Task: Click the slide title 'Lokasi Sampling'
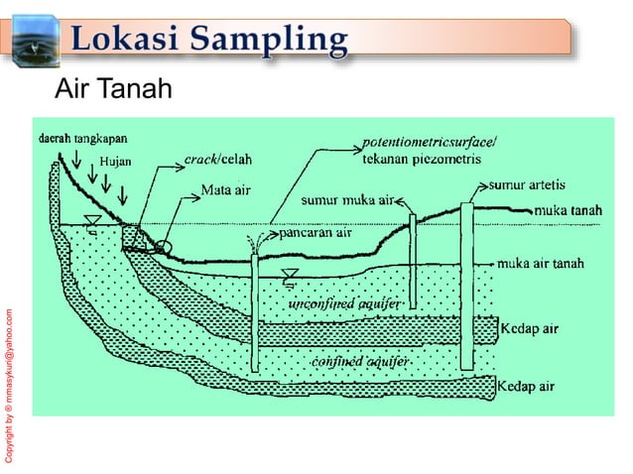(210, 41)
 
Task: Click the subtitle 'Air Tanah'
(113, 90)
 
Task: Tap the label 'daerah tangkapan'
(82, 138)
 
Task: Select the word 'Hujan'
(114, 162)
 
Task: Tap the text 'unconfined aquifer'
(343, 302)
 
